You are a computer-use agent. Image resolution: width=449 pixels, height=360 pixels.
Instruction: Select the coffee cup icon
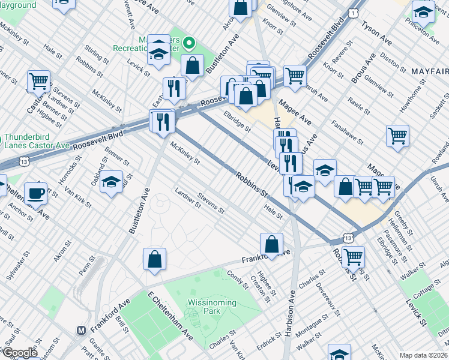point(35,193)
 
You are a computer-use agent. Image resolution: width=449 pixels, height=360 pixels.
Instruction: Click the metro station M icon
point(80,330)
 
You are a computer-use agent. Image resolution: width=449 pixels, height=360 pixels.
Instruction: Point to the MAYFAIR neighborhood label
point(429,71)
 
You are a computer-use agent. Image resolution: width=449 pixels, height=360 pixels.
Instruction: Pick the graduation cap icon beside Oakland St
point(111,181)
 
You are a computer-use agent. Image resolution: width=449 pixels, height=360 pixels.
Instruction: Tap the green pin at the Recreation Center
point(189,43)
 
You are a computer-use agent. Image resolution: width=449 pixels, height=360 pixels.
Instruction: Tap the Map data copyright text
point(424,355)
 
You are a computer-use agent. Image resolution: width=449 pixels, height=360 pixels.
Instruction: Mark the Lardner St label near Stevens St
point(187,197)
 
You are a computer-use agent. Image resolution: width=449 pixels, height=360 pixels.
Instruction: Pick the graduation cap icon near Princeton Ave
point(423,11)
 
